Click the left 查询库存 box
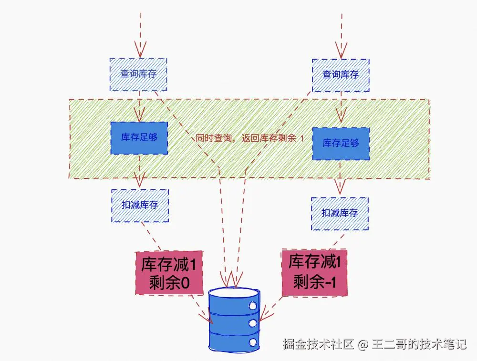[138, 74]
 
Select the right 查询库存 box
[341, 75]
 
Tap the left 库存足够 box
[139, 138]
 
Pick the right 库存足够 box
[341, 144]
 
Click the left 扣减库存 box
[140, 205]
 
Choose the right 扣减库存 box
[340, 213]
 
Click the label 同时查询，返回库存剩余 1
[249, 139]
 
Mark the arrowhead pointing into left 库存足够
[139, 115]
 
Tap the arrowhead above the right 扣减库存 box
[340, 187]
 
